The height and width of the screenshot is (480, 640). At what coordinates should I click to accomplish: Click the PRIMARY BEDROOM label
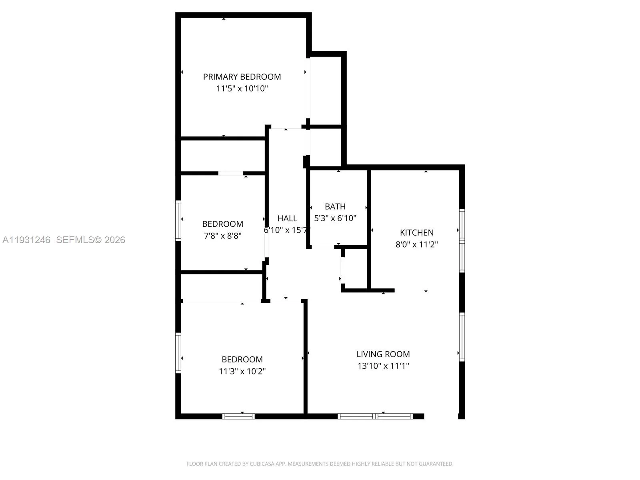pyautogui.click(x=242, y=77)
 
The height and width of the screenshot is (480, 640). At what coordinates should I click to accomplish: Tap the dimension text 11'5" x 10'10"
pyautogui.click(x=242, y=89)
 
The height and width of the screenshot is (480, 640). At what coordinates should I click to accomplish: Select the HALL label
pyautogui.click(x=287, y=218)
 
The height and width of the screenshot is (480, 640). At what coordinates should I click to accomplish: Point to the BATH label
pyautogui.click(x=335, y=207)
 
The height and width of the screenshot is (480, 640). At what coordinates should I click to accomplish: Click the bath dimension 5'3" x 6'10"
pyautogui.click(x=335, y=218)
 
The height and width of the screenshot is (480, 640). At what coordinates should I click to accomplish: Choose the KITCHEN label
pyautogui.click(x=417, y=233)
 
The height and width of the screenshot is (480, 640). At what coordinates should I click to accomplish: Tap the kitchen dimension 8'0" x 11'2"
pyautogui.click(x=417, y=244)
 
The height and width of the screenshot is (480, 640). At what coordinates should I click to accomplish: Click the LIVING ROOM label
pyautogui.click(x=383, y=354)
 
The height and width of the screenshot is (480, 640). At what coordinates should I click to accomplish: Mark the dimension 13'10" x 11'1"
pyautogui.click(x=383, y=366)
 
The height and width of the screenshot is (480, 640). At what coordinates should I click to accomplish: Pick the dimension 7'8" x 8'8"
pyautogui.click(x=223, y=236)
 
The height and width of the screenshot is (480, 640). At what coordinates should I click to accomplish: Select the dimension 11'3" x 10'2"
pyautogui.click(x=242, y=371)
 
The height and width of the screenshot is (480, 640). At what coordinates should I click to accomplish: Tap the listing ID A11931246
pyautogui.click(x=26, y=240)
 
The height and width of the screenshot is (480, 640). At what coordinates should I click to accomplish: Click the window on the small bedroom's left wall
pyautogui.click(x=178, y=221)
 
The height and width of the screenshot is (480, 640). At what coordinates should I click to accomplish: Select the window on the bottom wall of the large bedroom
pyautogui.click(x=238, y=416)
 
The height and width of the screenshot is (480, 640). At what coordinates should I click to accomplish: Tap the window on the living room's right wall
pyautogui.click(x=462, y=337)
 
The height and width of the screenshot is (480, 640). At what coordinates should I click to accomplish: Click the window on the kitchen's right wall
pyautogui.click(x=462, y=241)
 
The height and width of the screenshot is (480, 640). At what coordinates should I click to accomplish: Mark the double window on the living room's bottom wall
pyautogui.click(x=375, y=416)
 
